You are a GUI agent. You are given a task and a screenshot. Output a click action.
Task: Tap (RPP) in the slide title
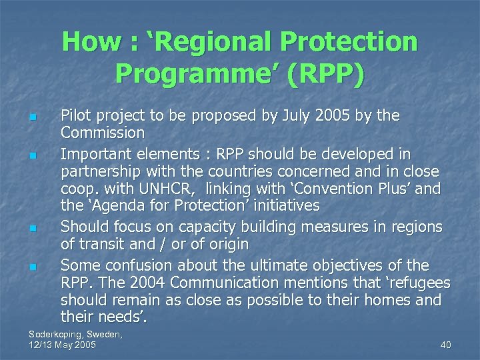(x=325, y=73)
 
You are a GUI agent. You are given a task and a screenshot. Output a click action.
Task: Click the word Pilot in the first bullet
(x=77, y=116)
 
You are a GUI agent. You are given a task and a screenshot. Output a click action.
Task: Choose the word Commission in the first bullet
(x=102, y=133)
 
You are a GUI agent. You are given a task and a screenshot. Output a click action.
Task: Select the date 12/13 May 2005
(x=63, y=345)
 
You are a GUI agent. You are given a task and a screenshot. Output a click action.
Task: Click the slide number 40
(x=446, y=345)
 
